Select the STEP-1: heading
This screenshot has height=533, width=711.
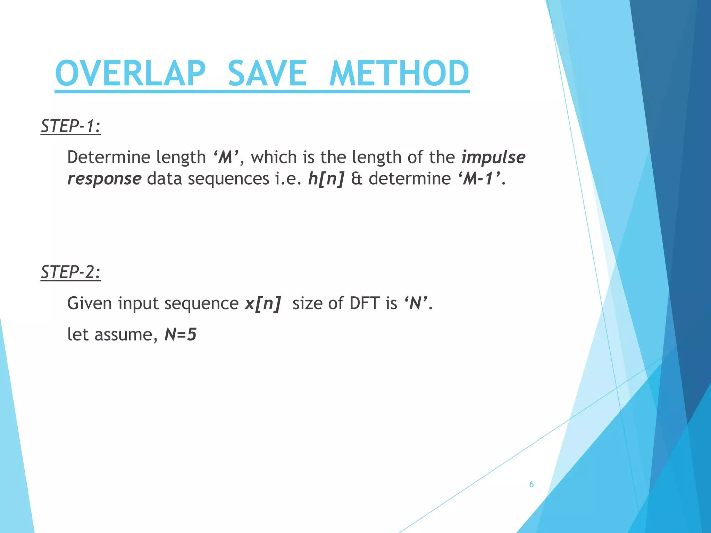[x=70, y=126]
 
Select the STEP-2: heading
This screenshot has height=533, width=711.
[x=70, y=272]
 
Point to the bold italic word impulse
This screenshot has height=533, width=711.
[x=493, y=157]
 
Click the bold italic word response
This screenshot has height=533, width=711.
[x=104, y=179]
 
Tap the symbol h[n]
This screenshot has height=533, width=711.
[x=326, y=179]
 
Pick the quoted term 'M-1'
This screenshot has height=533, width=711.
[x=479, y=179]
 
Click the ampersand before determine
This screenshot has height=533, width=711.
[x=357, y=179]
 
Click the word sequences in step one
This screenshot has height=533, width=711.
[x=228, y=179]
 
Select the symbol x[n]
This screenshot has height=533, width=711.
[x=262, y=304]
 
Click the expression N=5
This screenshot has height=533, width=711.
[x=181, y=335]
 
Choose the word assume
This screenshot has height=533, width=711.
[x=123, y=335]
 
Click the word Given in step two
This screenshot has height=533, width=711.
[x=90, y=304]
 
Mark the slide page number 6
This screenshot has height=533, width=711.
[x=531, y=484]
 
